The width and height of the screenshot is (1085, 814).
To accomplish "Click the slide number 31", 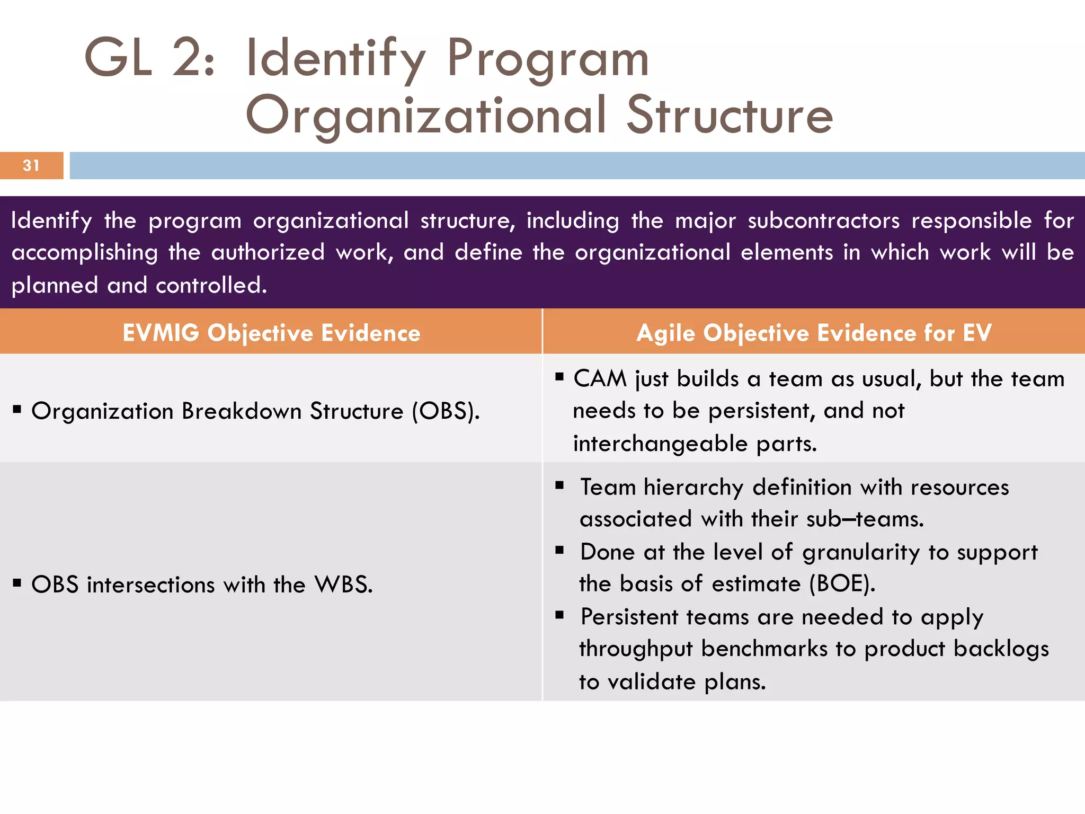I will [31, 166].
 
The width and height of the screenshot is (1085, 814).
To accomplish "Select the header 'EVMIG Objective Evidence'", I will [271, 333].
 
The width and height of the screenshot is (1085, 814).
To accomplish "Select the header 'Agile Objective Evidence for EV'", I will [814, 333].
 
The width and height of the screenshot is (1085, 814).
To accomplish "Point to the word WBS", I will [343, 585].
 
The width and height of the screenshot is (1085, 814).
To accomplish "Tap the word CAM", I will [600, 379].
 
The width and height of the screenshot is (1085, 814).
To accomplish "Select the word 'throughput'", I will [636, 649].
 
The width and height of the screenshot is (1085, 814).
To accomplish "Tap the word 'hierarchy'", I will [693, 488].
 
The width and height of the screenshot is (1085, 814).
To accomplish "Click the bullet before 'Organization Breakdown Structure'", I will [17, 409].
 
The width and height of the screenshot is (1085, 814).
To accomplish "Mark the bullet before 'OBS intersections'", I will [17, 583].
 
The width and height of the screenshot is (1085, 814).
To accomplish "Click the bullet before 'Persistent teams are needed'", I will [559, 615].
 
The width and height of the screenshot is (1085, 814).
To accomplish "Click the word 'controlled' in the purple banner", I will [211, 286].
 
